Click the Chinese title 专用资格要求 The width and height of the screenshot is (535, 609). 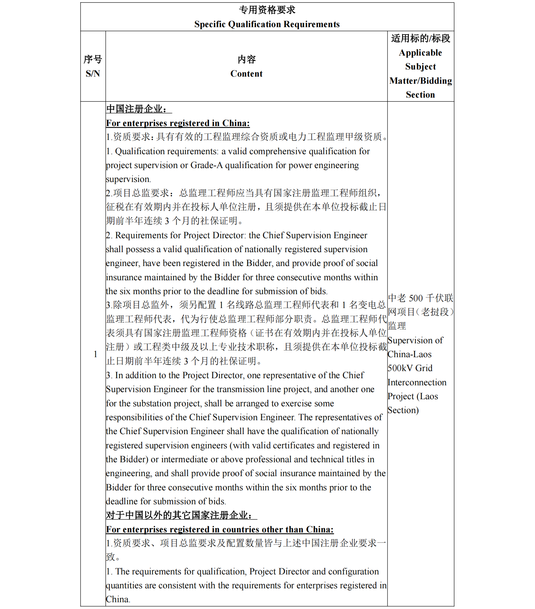(x=267, y=10)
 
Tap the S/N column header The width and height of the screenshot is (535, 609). (x=93, y=74)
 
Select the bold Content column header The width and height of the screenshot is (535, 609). (x=246, y=74)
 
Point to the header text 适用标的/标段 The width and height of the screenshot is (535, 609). (x=420, y=38)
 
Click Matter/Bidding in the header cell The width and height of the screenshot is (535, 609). (x=420, y=81)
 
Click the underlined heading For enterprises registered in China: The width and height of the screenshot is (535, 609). (x=178, y=123)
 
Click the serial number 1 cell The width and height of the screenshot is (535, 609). (x=95, y=354)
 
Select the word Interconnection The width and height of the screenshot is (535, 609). (x=417, y=382)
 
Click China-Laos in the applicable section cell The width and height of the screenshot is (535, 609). (x=409, y=354)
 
